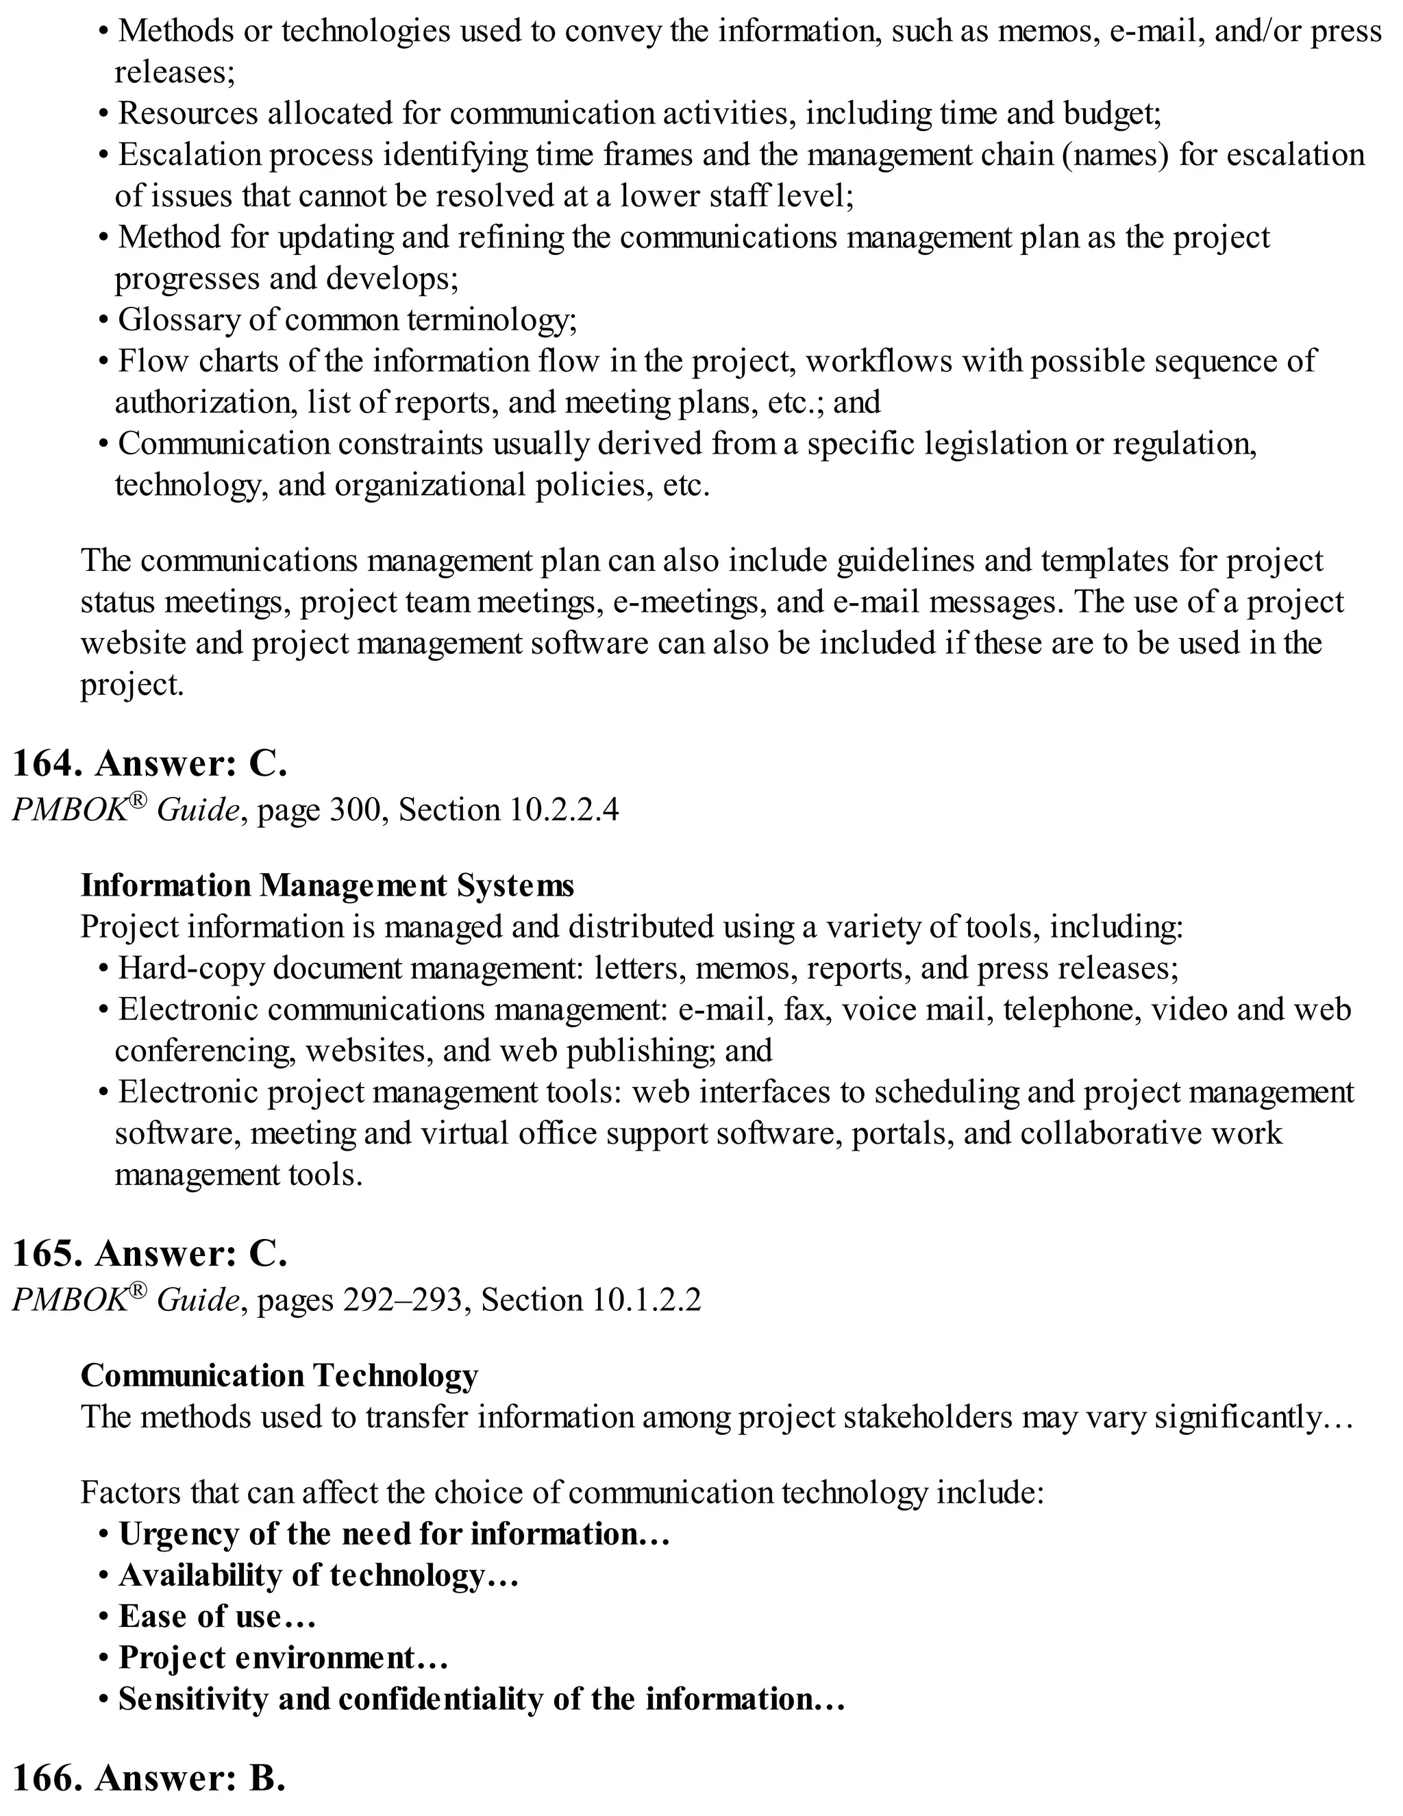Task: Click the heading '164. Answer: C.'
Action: click(x=149, y=763)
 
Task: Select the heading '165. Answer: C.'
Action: click(x=149, y=1253)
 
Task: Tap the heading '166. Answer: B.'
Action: click(x=149, y=1778)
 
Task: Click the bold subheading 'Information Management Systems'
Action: click(x=327, y=885)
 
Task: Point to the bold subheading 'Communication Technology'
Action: click(x=280, y=1375)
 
